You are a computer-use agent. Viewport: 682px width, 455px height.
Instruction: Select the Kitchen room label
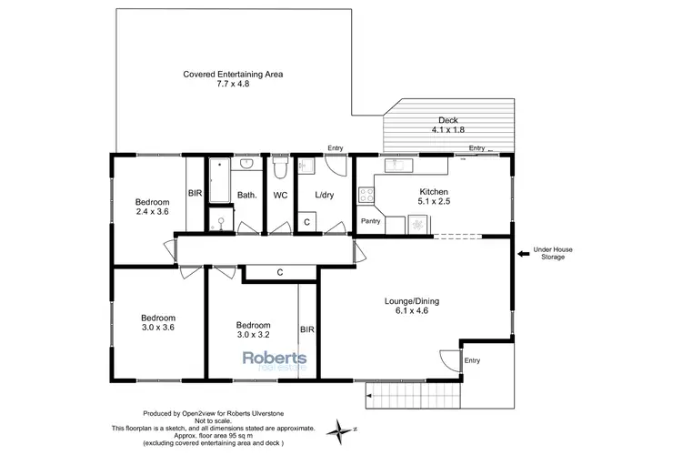433,197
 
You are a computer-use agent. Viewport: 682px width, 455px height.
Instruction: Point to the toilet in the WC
280,169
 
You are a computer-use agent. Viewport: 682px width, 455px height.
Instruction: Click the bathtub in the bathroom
220,182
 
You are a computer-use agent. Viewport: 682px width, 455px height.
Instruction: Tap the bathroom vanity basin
245,166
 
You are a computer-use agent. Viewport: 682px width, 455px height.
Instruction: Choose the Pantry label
370,221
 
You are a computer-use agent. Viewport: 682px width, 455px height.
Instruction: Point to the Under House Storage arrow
523,254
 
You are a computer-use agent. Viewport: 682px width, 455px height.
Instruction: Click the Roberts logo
274,361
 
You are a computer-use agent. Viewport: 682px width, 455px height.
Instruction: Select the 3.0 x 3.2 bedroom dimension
252,336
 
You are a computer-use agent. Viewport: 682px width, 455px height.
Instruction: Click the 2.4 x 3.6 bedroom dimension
152,213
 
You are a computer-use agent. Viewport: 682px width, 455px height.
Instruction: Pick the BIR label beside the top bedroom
194,193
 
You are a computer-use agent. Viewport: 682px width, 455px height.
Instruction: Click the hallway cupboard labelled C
279,271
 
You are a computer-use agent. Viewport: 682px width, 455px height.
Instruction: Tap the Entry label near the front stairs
471,361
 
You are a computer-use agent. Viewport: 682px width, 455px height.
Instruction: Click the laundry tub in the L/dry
307,166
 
